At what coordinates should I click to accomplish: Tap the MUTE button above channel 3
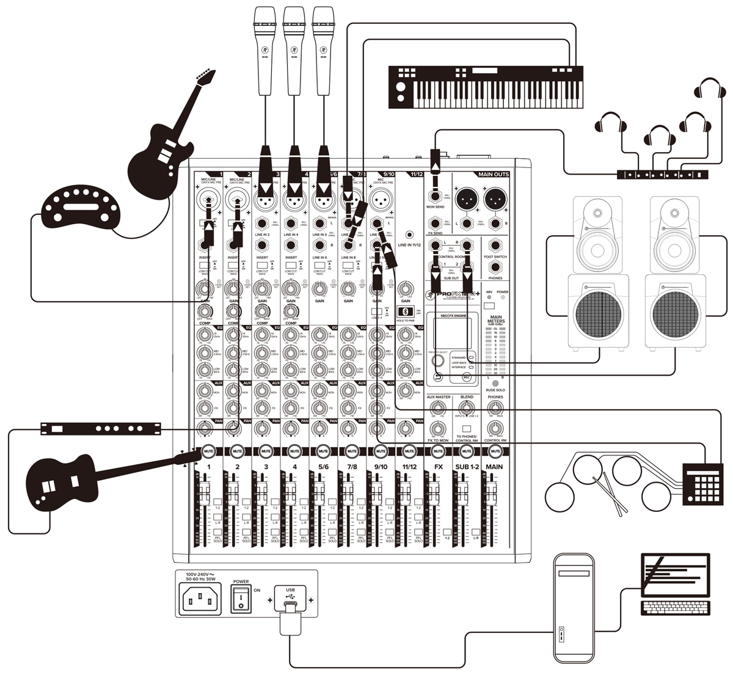(x=266, y=451)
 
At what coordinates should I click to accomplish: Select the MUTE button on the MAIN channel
(x=495, y=451)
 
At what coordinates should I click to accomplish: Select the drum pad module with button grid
(x=702, y=483)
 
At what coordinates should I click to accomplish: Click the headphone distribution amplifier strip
(x=662, y=175)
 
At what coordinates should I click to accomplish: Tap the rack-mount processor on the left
(x=101, y=428)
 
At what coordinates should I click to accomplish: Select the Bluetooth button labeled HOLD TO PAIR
(x=403, y=312)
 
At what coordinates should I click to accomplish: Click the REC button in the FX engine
(x=467, y=378)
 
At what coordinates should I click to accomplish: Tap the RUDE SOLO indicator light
(x=495, y=383)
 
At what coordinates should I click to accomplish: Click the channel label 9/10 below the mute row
(x=380, y=467)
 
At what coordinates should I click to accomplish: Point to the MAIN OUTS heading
(x=494, y=175)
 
